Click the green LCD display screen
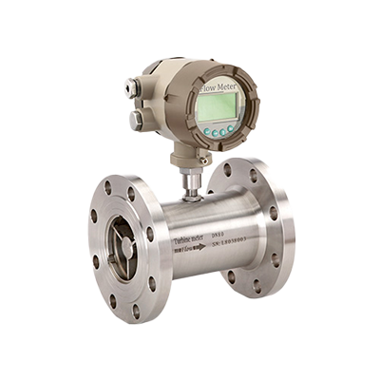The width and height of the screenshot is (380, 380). tap(215, 107)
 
